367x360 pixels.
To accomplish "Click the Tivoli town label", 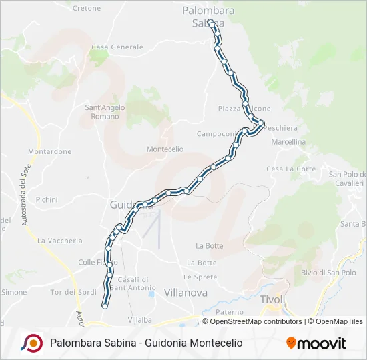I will coord(272,299).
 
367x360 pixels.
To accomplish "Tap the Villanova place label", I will coord(186,293).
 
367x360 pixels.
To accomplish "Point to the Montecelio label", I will coord(165,149).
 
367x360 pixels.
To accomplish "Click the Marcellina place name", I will coord(288,142).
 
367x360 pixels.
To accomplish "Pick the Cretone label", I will coord(86,9).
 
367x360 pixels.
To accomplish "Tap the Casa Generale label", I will coord(117,47).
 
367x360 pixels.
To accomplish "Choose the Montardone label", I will coord(50,151).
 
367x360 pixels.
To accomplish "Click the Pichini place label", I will coord(47,199).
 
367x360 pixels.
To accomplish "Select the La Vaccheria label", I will coord(60,241).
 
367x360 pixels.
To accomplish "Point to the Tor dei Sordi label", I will coord(73,292).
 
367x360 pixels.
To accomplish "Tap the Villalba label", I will coord(140,319).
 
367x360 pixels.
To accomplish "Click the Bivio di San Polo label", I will coord(328,272).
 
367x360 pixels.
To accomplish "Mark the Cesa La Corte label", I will coord(291,169).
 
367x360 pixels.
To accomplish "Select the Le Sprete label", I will coord(200,277).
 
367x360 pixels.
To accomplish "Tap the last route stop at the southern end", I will coord(105,306).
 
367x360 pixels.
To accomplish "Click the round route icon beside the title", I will coord(31,343).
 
